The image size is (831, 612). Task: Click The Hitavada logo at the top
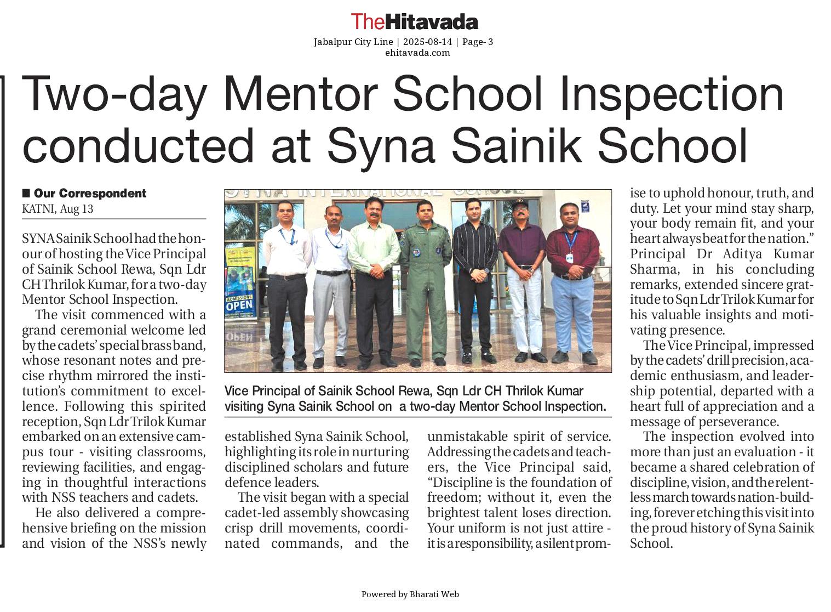click(x=414, y=22)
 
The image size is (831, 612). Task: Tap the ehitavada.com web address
click(x=417, y=53)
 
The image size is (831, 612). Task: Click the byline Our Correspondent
click(x=90, y=194)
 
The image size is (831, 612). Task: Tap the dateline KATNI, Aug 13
click(x=58, y=209)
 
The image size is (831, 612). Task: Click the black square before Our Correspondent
click(x=26, y=193)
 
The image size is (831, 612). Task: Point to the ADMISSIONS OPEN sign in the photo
click(x=239, y=301)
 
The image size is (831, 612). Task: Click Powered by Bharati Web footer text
click(x=410, y=594)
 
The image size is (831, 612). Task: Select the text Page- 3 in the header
click(x=478, y=42)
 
